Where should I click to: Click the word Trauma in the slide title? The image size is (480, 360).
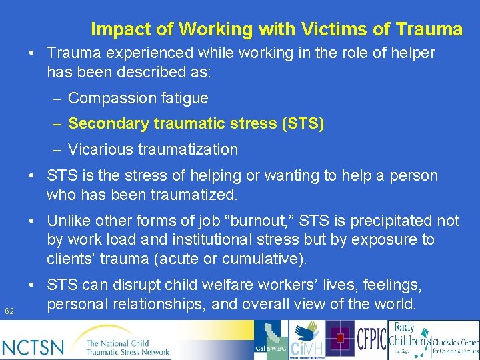pos(429,29)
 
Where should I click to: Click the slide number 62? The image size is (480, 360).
pos(9,311)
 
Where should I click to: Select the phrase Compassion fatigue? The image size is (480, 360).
pos(138,98)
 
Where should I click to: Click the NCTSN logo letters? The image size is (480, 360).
pos(33,347)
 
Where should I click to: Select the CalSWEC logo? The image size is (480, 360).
pos(270,340)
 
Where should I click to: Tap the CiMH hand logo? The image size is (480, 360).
pos(307,340)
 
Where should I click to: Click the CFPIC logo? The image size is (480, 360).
pos(371,339)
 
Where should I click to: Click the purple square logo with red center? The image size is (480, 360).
pos(339,339)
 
